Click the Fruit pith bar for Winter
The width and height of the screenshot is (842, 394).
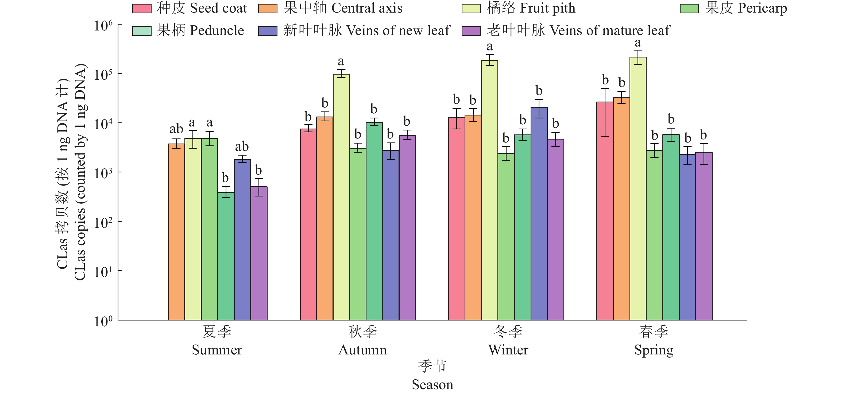click(489, 190)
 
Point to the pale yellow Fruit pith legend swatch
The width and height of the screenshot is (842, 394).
click(471, 9)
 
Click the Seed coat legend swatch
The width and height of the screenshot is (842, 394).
click(141, 9)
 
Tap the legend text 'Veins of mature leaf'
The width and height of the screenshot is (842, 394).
click(610, 30)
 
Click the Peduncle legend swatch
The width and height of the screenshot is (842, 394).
click(141, 31)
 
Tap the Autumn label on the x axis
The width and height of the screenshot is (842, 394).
click(362, 350)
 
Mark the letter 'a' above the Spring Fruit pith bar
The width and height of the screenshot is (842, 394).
click(638, 43)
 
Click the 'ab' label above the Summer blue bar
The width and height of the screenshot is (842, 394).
click(242, 146)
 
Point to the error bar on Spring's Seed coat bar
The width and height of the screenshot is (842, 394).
click(605, 112)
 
